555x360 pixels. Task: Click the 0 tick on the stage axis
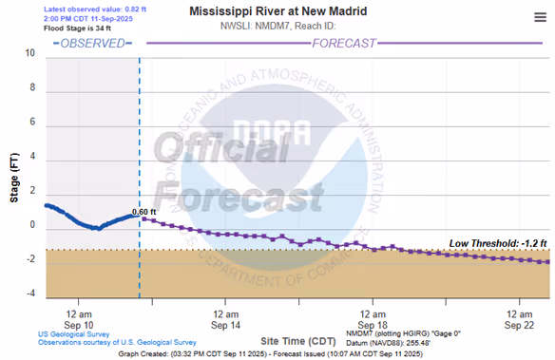[32, 225]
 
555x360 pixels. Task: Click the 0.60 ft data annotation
[144, 212]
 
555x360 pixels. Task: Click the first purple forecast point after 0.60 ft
[144, 219]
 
